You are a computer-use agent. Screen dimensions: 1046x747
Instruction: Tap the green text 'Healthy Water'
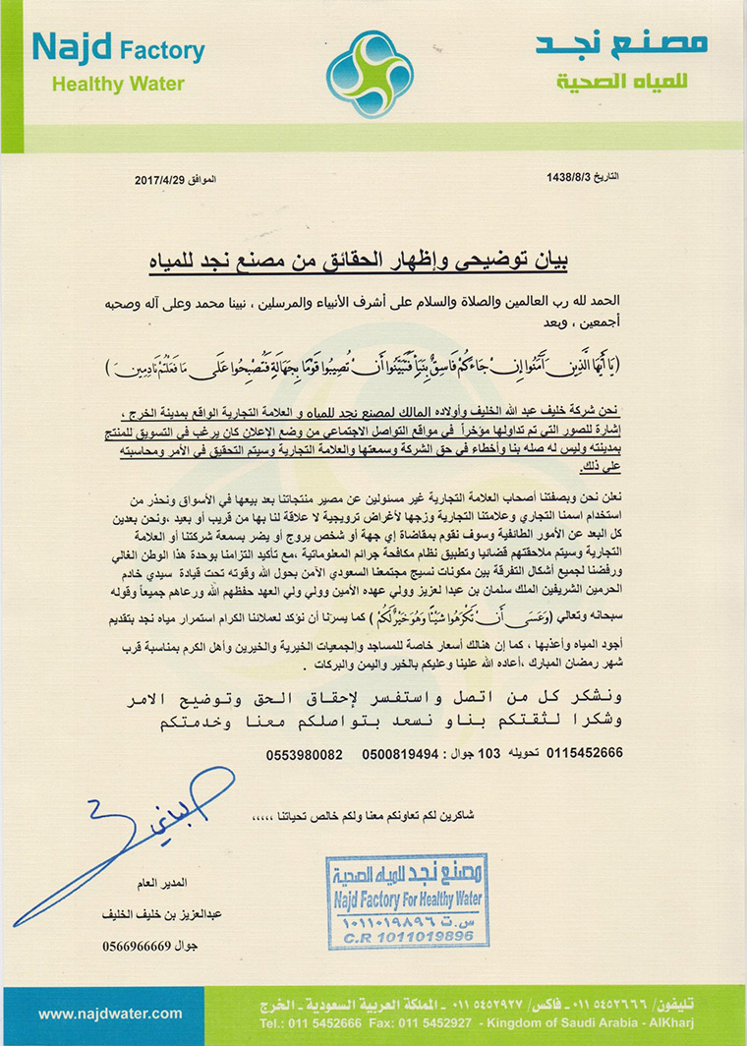118,84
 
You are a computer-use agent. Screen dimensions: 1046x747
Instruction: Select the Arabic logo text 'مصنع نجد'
621,43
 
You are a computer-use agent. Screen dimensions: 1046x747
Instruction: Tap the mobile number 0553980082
304,753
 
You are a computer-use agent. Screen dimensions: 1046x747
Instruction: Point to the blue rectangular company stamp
407,901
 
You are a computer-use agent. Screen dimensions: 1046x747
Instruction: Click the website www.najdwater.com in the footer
110,1013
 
